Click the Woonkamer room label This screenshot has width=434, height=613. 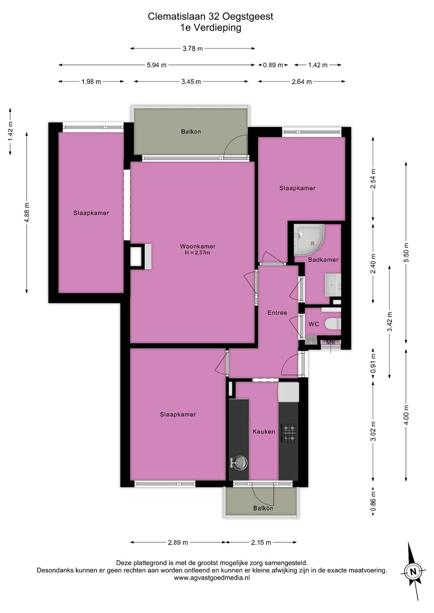(x=197, y=246)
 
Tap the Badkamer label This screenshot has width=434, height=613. (x=323, y=260)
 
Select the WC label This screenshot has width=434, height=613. (x=314, y=324)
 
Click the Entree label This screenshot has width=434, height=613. (x=277, y=313)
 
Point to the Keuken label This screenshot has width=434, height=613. (x=264, y=431)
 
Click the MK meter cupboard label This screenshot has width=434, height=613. (x=331, y=342)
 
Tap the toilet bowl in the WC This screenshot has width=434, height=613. (x=333, y=325)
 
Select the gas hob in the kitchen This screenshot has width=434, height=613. (x=289, y=433)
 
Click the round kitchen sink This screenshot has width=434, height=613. (x=240, y=463)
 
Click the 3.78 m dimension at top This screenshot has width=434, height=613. (x=193, y=49)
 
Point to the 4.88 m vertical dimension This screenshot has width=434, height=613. (x=27, y=213)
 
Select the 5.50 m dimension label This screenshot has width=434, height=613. (x=406, y=253)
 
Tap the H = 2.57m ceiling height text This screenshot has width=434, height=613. (x=197, y=253)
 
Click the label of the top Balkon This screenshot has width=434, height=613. (x=191, y=132)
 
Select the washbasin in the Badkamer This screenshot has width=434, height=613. (x=333, y=285)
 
